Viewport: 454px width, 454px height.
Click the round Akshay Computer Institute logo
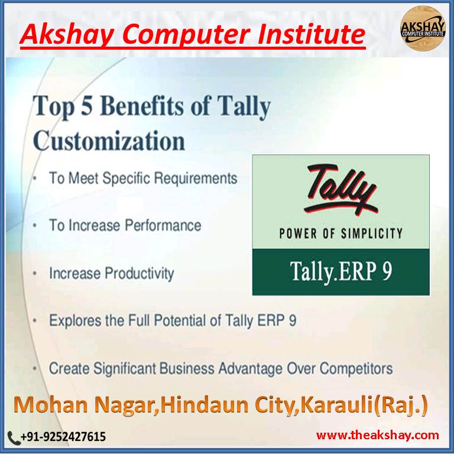tap(423, 27)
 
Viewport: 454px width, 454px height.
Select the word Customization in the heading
tap(109, 142)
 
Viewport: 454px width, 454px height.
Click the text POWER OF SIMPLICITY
tap(340, 233)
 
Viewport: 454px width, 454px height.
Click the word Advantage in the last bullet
tap(249, 368)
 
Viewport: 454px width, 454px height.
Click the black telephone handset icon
tap(14, 437)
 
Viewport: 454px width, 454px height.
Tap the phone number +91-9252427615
tap(63, 437)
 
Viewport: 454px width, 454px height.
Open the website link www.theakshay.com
tap(378, 436)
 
